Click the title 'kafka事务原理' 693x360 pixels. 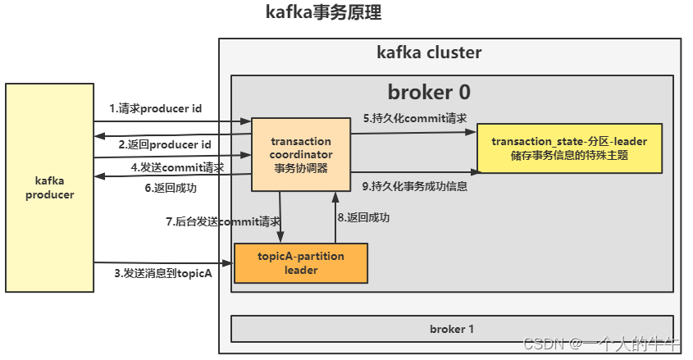pos(323,13)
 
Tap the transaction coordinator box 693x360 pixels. pos(301,155)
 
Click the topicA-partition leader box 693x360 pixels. pos(301,263)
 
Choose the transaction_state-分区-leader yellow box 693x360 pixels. pos(569,148)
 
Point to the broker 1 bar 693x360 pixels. pos(452,329)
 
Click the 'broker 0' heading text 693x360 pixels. pos(429,92)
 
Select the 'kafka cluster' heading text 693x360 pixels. pos(429,53)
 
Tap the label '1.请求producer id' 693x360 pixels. pos(156,108)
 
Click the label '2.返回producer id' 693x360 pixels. pos(164,144)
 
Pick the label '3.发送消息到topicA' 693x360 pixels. pos(163,273)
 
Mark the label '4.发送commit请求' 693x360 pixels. pos(177,167)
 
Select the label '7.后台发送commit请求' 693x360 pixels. pos(223,221)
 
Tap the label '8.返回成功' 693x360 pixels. pos(363,217)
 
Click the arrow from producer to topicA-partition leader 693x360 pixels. pos(164,263)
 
